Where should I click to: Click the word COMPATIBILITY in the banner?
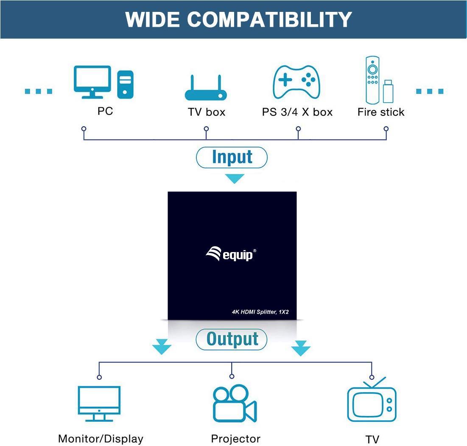(x=269, y=20)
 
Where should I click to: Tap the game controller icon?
(x=296, y=82)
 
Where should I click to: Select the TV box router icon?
(x=206, y=87)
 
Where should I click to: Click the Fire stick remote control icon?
(x=372, y=80)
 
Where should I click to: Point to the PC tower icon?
(x=125, y=84)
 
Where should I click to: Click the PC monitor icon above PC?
(x=92, y=82)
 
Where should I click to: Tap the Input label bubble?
(x=232, y=157)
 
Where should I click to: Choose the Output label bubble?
(x=232, y=339)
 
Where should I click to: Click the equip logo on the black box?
(x=231, y=254)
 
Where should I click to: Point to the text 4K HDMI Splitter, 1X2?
(x=260, y=312)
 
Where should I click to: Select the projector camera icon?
(x=235, y=403)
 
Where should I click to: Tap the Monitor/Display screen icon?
(x=99, y=404)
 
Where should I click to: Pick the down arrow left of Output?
(x=162, y=347)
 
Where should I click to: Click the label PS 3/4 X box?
(x=297, y=112)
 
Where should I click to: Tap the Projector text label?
(x=235, y=439)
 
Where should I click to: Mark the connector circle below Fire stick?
(x=386, y=129)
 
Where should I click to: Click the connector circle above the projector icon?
(x=232, y=376)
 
